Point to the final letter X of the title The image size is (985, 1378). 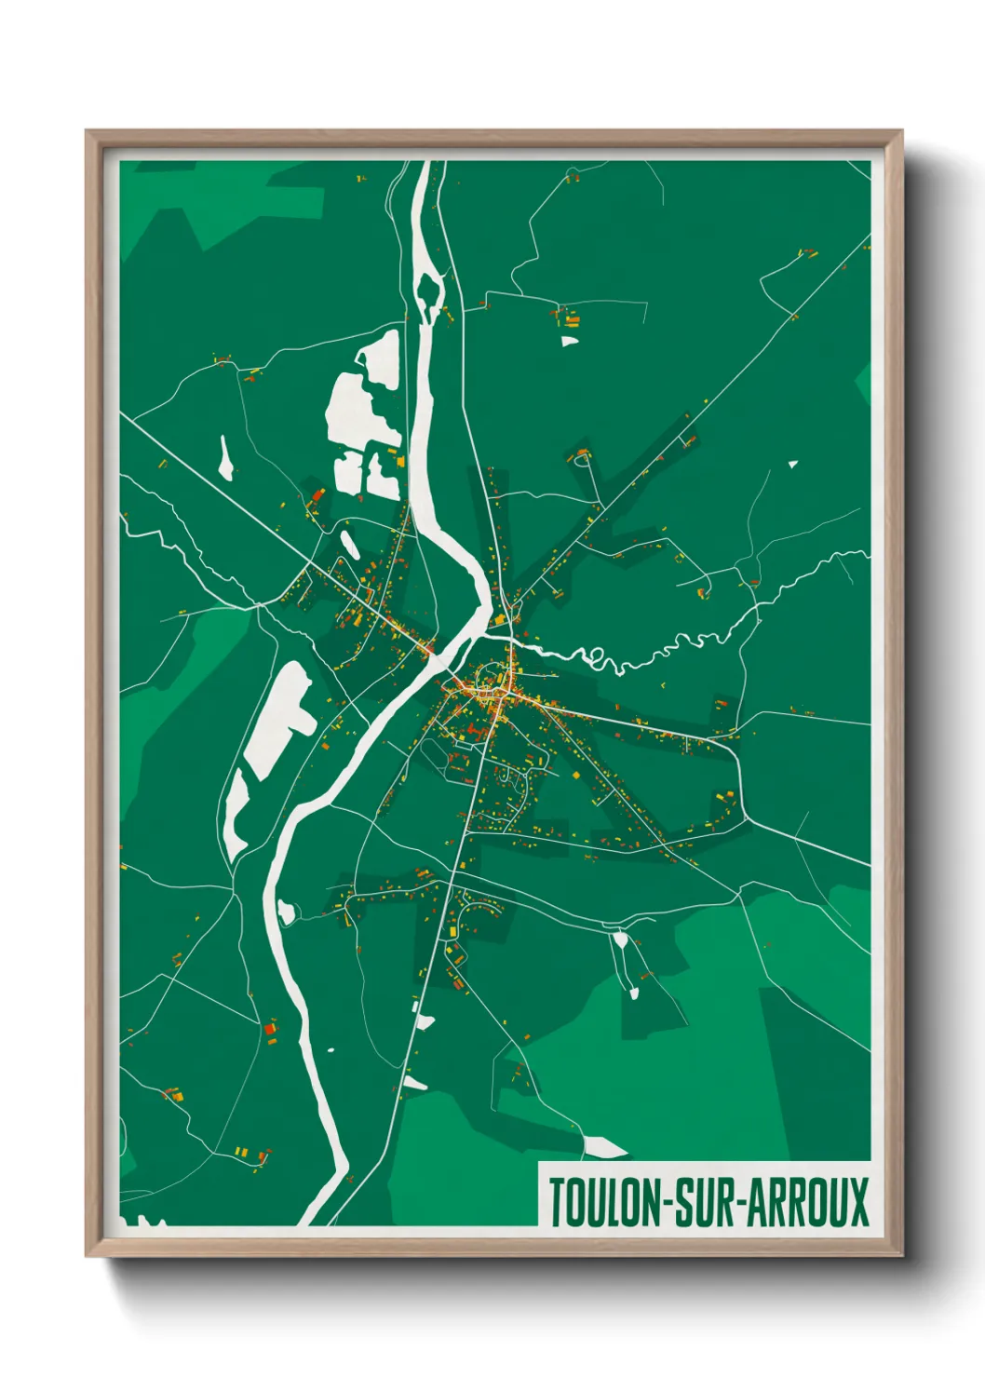tap(857, 1203)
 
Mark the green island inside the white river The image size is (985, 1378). tap(428, 290)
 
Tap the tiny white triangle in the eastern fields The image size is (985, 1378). tap(792, 463)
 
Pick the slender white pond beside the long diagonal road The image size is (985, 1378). tap(225, 458)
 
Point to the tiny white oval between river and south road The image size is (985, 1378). tap(330, 1053)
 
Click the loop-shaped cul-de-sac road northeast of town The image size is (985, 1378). tap(583, 456)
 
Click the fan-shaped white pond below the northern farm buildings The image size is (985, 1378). tap(569, 341)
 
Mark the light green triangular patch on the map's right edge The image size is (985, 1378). tap(864, 381)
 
